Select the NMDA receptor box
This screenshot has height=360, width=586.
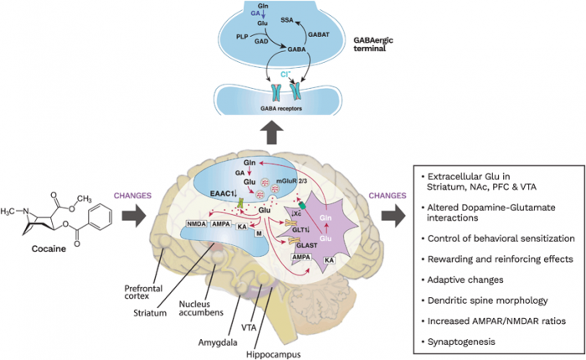point(198,224)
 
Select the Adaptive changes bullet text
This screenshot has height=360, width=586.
point(471,279)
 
